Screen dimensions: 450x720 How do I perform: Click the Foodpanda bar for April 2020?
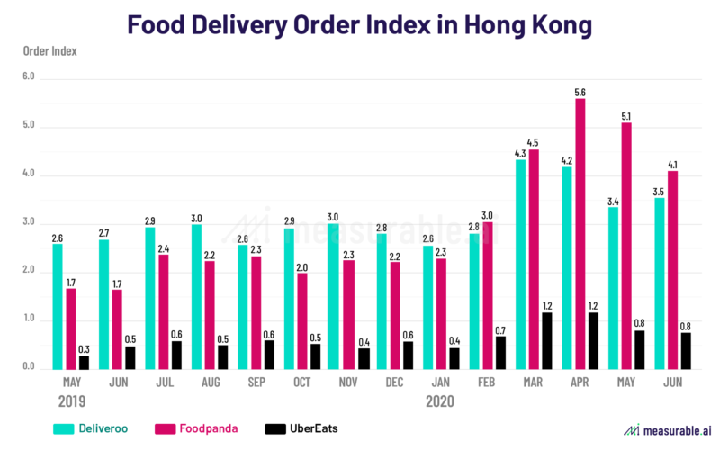pos(580,234)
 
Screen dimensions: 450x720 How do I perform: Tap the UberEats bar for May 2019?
pos(85,362)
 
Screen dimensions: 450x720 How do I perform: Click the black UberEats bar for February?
pos(500,352)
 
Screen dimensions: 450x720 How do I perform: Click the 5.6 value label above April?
pos(580,92)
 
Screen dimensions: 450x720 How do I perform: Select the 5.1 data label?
pos(626,115)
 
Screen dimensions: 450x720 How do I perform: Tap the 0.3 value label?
pos(85,348)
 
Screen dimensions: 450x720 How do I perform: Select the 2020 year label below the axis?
pos(438,400)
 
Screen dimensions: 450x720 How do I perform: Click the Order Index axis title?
pos(50,50)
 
